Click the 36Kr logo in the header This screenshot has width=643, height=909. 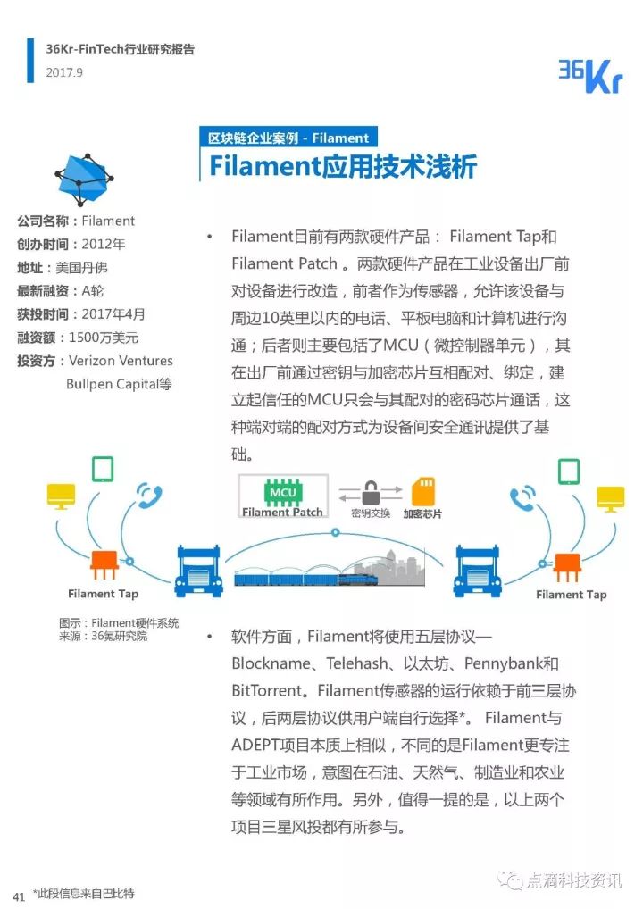click(589, 74)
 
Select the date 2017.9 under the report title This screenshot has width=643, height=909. click(64, 72)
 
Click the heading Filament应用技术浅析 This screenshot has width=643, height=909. click(343, 167)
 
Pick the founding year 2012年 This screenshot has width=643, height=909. click(104, 244)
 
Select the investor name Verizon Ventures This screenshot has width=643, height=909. click(121, 361)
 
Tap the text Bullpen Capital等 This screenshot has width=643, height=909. click(120, 384)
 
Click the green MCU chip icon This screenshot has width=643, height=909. click(282, 492)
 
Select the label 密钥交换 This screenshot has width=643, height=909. click(371, 514)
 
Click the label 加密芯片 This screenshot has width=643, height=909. click(422, 514)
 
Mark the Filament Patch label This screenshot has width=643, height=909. click(282, 512)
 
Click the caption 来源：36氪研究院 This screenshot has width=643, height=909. click(103, 636)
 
